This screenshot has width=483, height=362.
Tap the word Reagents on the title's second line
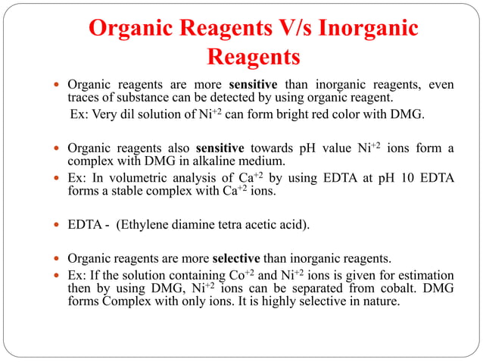pos(253,58)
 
